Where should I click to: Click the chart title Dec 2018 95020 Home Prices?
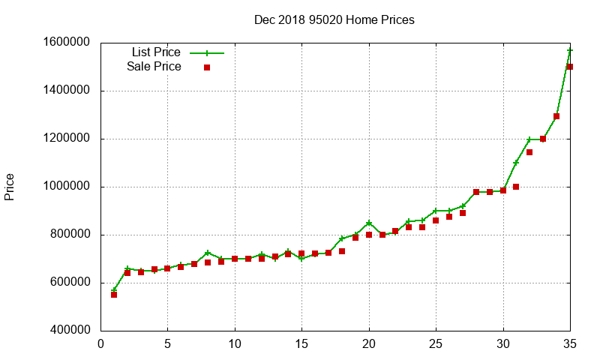coord(334,19)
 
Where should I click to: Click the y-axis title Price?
coord(10,187)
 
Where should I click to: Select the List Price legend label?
coord(156,52)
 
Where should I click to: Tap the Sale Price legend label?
coord(154,67)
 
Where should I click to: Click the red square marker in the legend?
coord(207,67)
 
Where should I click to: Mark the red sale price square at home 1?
coord(114,295)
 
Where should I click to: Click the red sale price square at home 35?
coord(570,67)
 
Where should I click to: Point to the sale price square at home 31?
coord(516,187)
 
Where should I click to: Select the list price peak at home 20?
coord(369,223)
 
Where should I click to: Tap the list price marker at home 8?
coord(208,253)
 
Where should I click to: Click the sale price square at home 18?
coord(342,251)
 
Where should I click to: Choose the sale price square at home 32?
coord(529,152)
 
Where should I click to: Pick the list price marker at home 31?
coord(516,163)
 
